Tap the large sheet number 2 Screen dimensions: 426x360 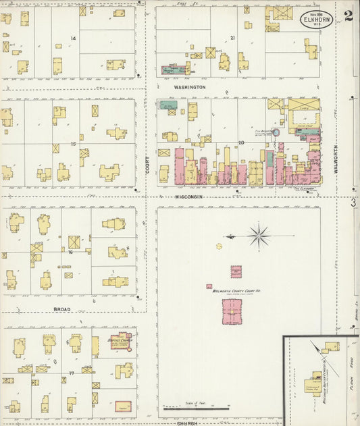pyautogui.click(x=348, y=16)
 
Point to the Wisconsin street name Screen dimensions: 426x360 pyautogui.click(x=190, y=196)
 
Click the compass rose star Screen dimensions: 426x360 pyautogui.click(x=259, y=236)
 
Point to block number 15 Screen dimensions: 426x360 pyautogui.click(x=72, y=144)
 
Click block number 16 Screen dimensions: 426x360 pyautogui.click(x=70, y=252)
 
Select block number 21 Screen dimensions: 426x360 pyautogui.click(x=232, y=38)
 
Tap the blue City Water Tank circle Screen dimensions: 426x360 pyautogui.click(x=276, y=133)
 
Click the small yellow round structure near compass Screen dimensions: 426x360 pyautogui.click(x=220, y=246)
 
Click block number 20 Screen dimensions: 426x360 pyautogui.click(x=241, y=142)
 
